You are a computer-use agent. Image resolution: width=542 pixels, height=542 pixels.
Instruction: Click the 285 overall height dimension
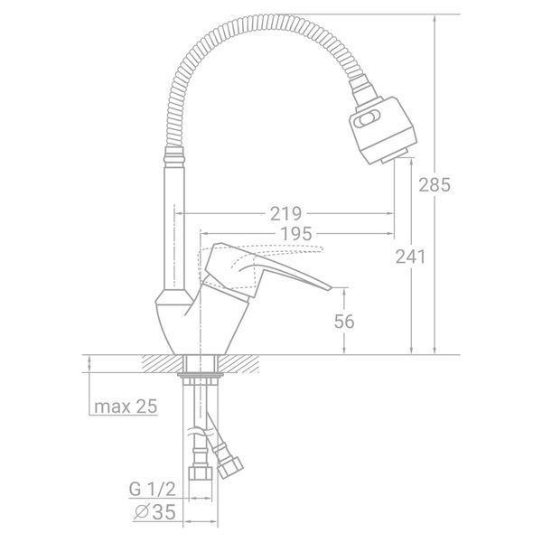click(x=435, y=185)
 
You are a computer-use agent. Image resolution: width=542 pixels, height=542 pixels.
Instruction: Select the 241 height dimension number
click(x=411, y=257)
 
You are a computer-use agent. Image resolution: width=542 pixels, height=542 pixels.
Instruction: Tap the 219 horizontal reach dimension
click(x=285, y=214)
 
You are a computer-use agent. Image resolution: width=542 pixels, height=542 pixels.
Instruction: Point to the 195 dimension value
click(x=296, y=234)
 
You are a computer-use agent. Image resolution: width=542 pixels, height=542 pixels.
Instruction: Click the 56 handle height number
click(x=344, y=322)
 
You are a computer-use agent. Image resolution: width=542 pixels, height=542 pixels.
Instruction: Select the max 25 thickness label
click(x=126, y=406)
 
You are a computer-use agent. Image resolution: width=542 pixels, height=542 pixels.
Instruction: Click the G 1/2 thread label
click(x=152, y=490)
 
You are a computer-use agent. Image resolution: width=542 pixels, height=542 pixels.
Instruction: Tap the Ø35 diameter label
click(x=154, y=512)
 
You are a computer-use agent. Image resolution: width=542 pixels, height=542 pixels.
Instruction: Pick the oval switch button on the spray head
click(x=366, y=119)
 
